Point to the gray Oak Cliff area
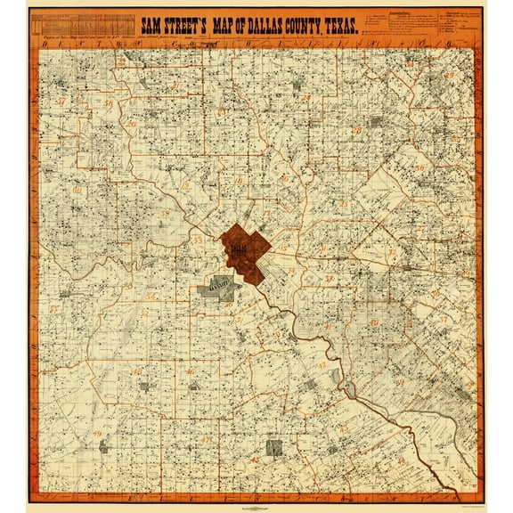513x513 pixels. (217, 291)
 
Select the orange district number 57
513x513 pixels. (59, 102)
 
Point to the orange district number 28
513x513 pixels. (165, 214)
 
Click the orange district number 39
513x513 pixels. (375, 321)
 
